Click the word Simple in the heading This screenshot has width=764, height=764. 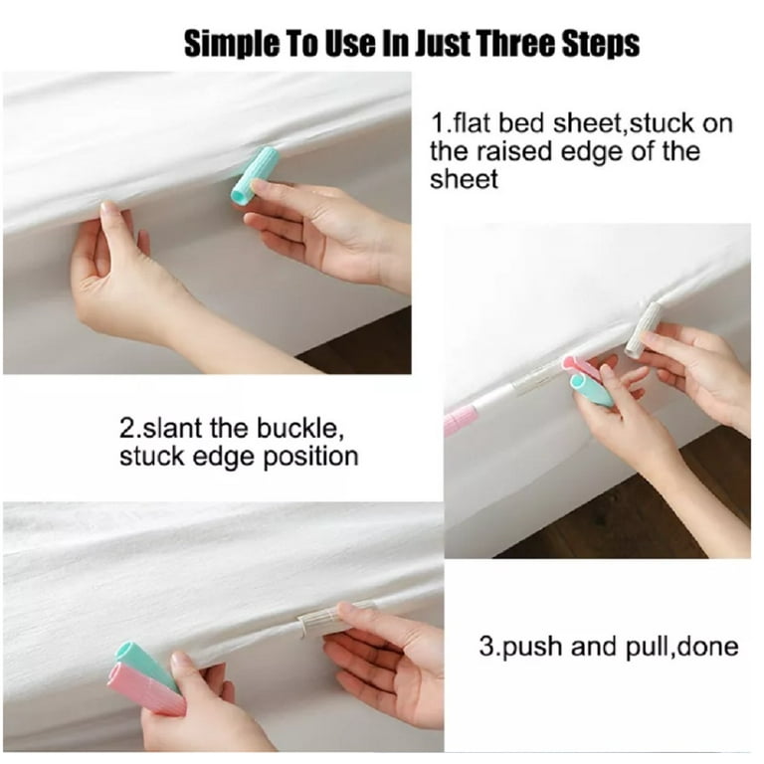(232, 44)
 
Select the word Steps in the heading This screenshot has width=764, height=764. (600, 45)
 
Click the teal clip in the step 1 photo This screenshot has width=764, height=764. (254, 174)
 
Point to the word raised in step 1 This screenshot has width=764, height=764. (515, 151)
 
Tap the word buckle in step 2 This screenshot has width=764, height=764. (296, 428)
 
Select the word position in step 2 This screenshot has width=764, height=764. (310, 458)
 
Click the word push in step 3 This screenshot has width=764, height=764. (533, 648)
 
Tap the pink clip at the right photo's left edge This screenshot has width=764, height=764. (458, 421)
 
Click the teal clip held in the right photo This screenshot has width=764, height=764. (591, 391)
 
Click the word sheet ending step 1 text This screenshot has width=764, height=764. (464, 179)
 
